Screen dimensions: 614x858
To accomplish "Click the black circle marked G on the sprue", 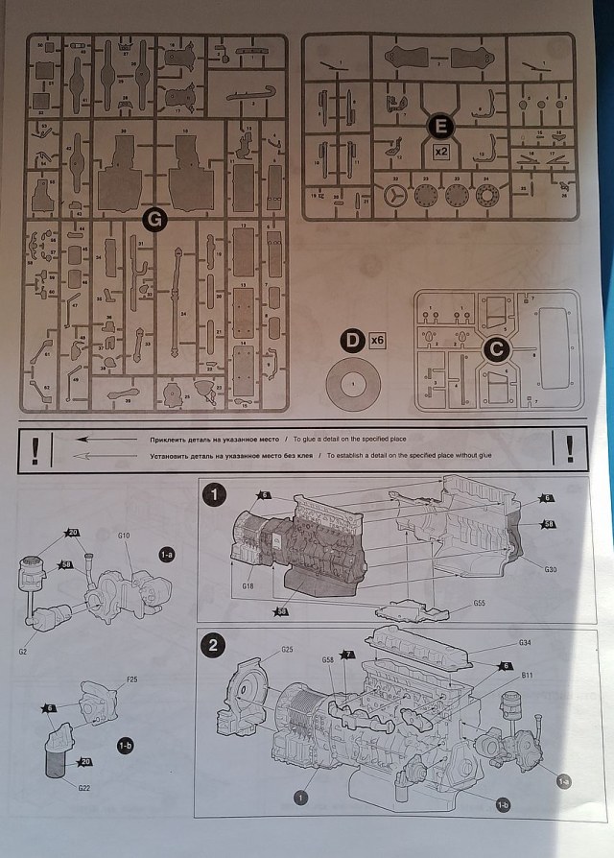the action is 154,221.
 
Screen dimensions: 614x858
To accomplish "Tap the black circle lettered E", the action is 441,126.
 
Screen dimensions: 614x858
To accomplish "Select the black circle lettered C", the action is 496,351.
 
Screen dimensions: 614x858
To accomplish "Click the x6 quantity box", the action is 376,340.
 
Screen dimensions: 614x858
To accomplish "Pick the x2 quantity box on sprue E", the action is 441,153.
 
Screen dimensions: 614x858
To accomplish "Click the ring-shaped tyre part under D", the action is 354,386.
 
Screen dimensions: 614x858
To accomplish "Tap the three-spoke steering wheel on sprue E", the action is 395,197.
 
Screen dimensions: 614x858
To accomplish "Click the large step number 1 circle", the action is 216,495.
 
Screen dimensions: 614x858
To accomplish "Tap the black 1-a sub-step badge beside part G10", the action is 166,555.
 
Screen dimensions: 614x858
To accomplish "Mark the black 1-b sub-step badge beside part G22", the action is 125,744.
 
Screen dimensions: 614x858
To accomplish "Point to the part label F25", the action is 132,680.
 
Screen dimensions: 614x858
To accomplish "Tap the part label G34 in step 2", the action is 525,642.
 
